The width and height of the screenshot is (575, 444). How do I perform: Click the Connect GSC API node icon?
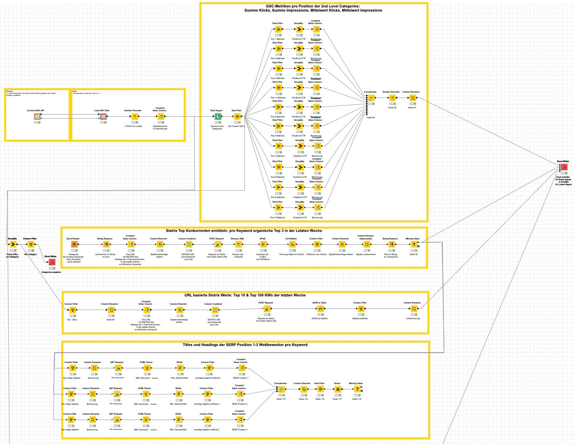coord(37,117)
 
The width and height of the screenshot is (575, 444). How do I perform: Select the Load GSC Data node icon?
coord(103,117)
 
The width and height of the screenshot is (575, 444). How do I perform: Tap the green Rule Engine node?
coord(218,117)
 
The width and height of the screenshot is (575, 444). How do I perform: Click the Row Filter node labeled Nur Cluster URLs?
coord(237,117)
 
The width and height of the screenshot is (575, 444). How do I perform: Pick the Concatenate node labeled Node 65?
coord(371,98)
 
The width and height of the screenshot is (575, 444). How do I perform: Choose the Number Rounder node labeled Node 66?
coord(392,98)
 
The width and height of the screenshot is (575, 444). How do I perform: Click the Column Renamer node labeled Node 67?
coord(412,98)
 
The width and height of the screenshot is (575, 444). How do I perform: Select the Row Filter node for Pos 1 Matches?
coord(278,29)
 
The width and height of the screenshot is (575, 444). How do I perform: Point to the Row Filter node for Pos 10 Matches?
coord(278,208)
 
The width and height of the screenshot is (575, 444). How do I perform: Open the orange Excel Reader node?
coord(74,244)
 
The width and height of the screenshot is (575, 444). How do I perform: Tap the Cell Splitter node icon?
coord(292,244)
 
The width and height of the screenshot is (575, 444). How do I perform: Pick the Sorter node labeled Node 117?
coord(338,389)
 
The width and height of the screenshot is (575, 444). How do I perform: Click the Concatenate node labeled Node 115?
coord(281,389)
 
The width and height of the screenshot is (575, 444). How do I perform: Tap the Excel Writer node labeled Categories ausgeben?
coord(52,262)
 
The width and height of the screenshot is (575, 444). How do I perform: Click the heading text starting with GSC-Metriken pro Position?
coord(313,8)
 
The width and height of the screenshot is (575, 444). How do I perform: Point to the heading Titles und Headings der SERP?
coord(245,345)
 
